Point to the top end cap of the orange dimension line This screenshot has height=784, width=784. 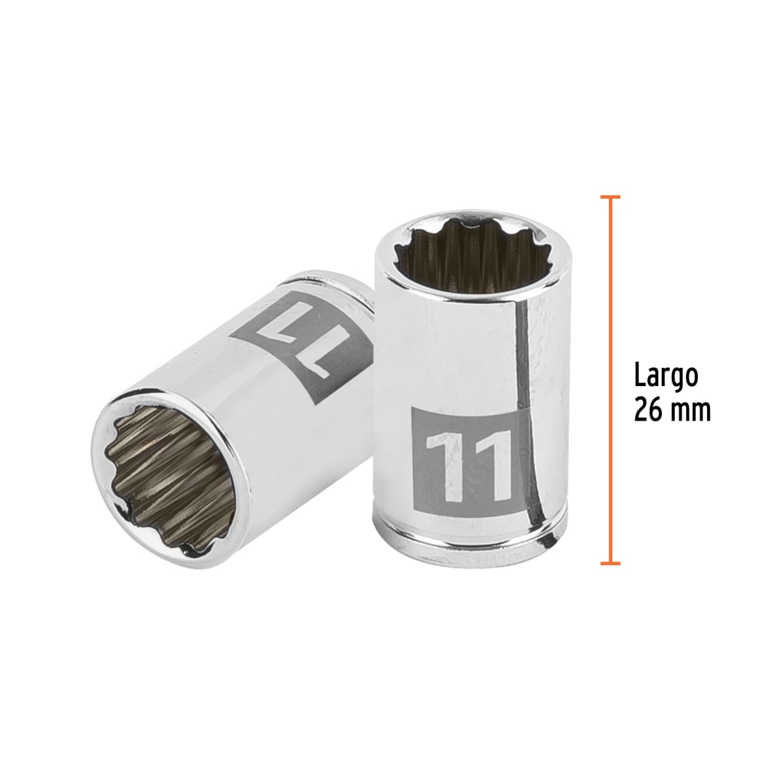610,196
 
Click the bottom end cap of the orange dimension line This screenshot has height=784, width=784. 610,563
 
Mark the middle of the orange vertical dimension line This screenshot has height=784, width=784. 610,379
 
